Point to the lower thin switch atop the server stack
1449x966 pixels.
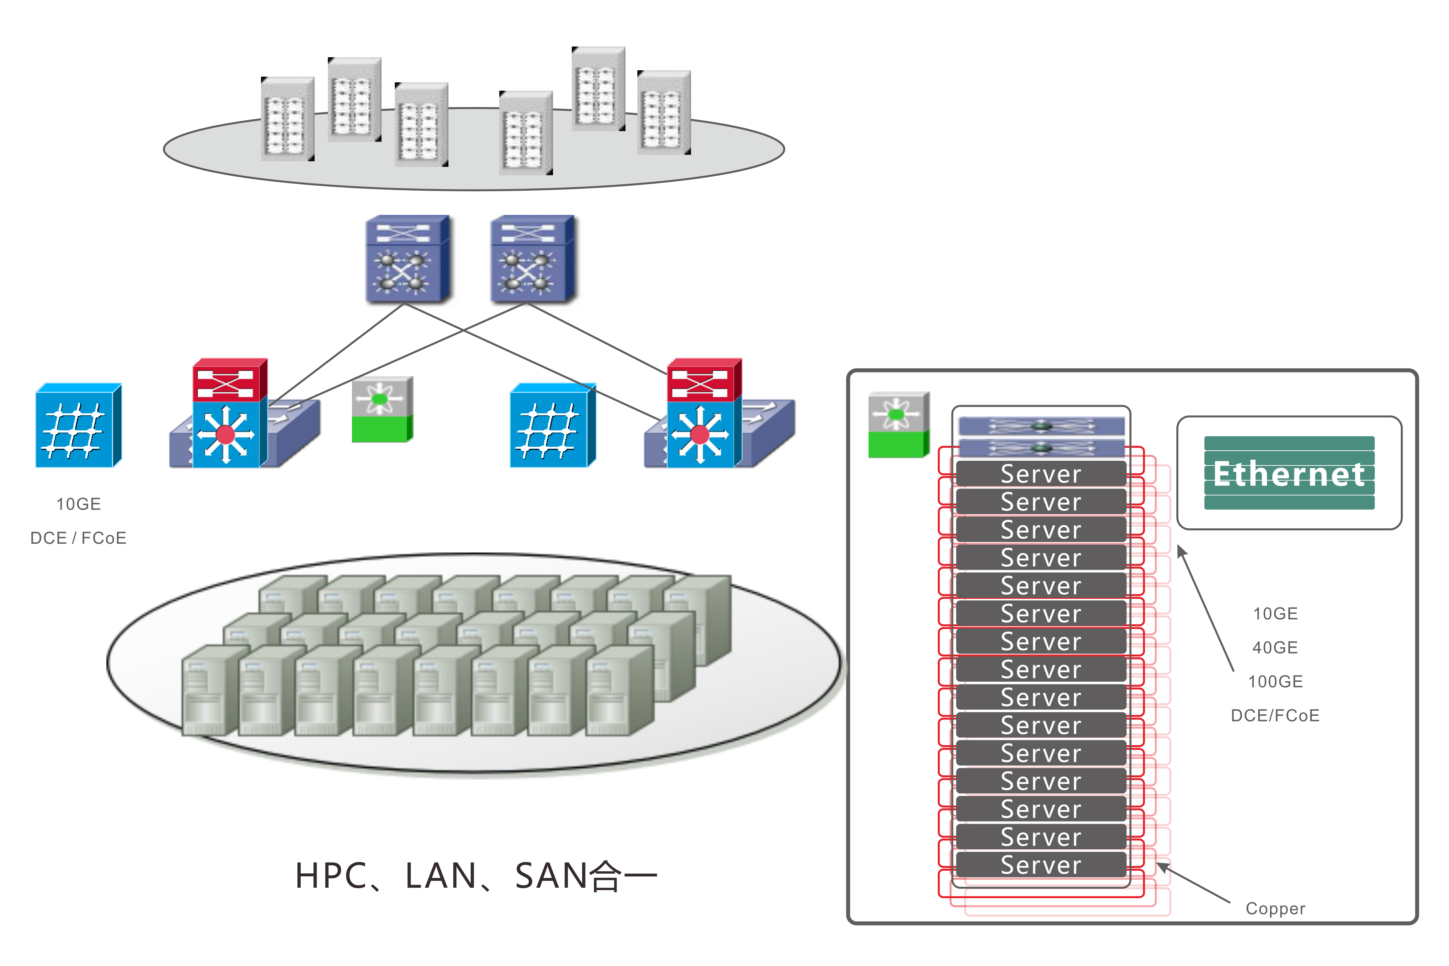pos(1041,447)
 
